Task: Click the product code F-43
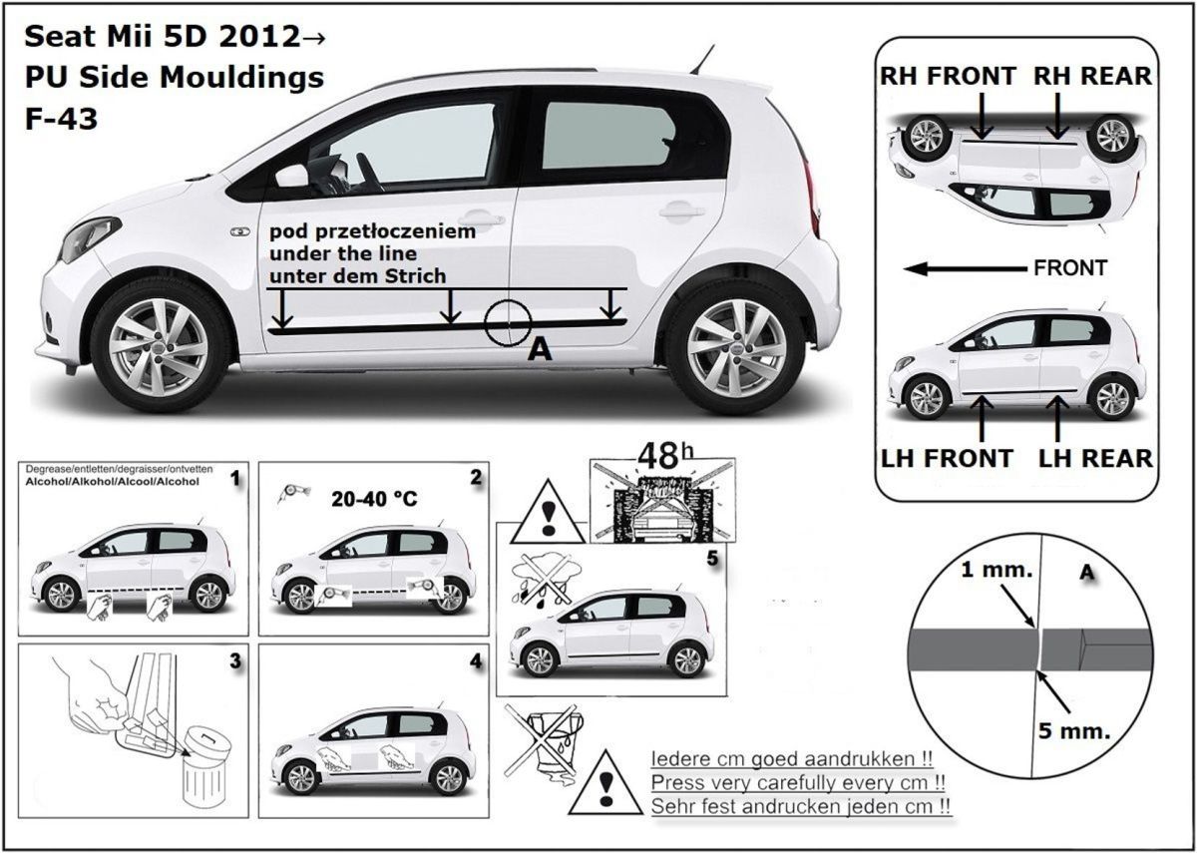pos(62,119)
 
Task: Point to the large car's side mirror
pos(293,176)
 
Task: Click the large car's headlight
pos(89,238)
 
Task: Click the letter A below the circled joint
pos(540,350)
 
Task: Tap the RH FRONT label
pos(948,76)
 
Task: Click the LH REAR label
pos(1095,458)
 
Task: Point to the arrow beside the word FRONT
pos(965,268)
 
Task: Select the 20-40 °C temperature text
pos(374,499)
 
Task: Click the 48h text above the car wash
pos(666,456)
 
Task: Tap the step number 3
pos(235,661)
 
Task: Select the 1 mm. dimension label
pos(997,570)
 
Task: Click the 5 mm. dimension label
pos(1074,730)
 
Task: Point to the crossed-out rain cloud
pos(544,578)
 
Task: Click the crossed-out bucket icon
pos(545,742)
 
